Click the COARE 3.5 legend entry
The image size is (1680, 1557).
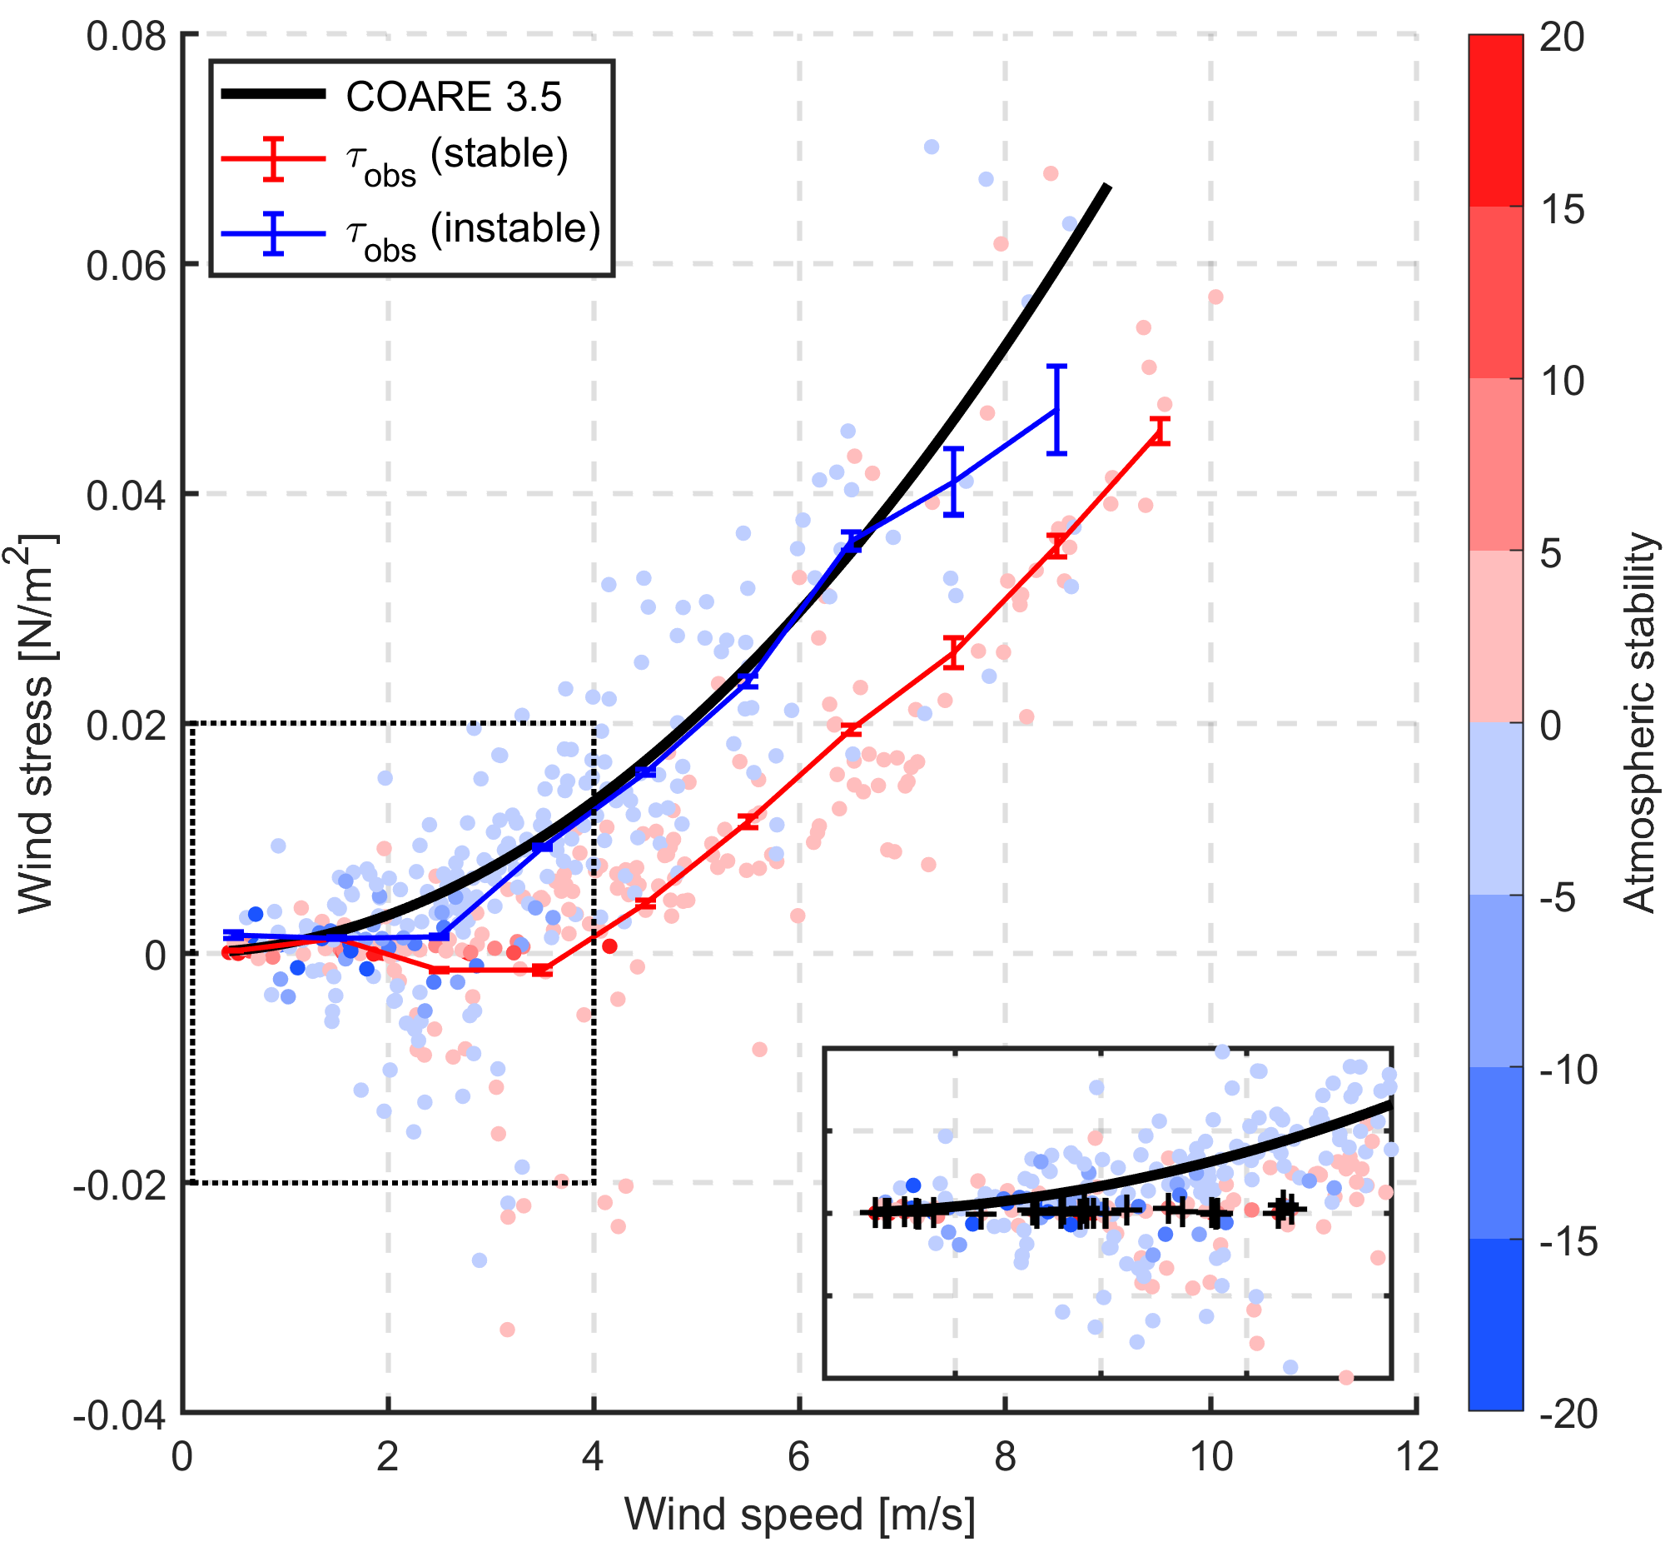point(453,97)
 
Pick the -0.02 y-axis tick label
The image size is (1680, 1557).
point(119,1185)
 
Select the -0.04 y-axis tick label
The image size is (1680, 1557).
point(119,1416)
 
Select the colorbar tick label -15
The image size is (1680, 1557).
point(1568,1243)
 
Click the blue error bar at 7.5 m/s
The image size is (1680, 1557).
point(952,482)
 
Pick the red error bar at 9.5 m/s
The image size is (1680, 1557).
point(1160,431)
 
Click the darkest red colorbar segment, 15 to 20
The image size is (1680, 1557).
point(1495,121)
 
